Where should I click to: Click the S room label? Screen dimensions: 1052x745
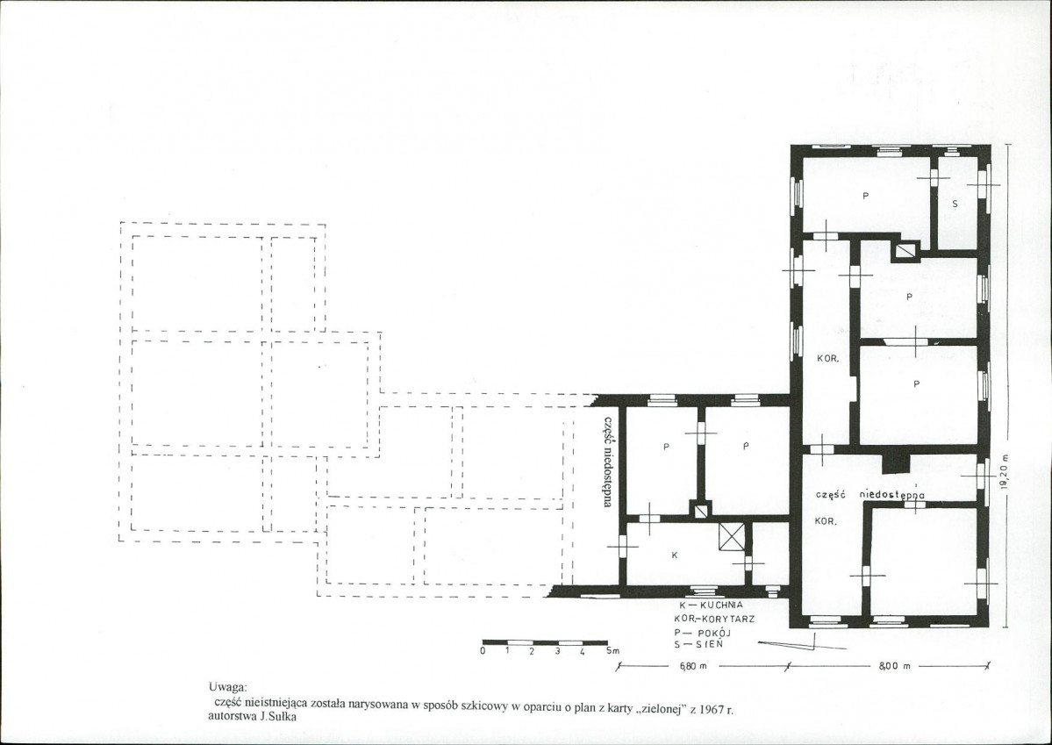point(955,204)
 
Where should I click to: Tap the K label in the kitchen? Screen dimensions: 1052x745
point(674,555)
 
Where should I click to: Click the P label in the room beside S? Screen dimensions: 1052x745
point(865,196)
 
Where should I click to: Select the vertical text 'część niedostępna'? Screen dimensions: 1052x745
point(607,461)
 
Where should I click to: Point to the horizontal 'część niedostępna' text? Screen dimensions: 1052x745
point(870,495)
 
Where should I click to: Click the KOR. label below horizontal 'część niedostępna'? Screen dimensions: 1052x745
point(826,521)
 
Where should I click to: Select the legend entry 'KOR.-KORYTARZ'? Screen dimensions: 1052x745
point(714,618)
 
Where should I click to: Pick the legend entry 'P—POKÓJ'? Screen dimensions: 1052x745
point(703,633)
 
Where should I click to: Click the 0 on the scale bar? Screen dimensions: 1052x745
point(483,651)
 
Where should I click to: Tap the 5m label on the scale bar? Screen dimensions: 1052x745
point(613,651)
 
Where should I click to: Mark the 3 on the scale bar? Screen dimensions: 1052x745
point(557,651)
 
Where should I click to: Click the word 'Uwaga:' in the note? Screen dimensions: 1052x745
point(227,686)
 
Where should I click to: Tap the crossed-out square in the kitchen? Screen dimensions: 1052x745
point(732,538)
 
